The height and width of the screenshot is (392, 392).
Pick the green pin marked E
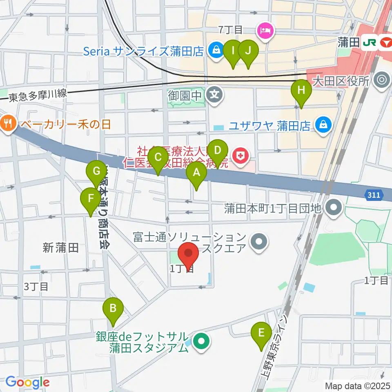[261, 334]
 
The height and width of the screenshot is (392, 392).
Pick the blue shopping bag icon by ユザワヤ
[323, 125]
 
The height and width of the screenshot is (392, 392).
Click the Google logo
[27, 382]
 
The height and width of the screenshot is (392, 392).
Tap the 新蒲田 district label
[60, 247]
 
